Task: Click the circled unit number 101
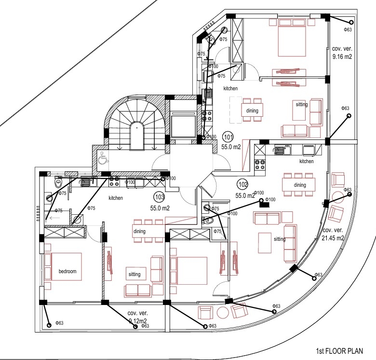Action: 228,137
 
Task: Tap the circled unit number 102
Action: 242,183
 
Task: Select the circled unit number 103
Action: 158,196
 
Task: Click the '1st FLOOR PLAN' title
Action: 339,351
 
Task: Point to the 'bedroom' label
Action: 67,271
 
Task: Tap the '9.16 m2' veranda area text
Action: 342,56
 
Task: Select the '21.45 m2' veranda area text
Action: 333,238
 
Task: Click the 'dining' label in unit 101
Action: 252,111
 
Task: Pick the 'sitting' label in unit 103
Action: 134,274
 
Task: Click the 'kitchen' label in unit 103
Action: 116,198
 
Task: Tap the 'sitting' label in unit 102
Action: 279,239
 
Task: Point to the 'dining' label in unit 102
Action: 300,185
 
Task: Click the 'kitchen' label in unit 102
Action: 307,161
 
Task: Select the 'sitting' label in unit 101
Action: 301,104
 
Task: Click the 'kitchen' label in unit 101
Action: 230,89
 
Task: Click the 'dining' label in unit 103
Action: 139,232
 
